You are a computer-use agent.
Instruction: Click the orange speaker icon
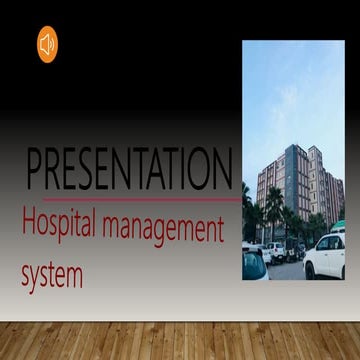[47, 45]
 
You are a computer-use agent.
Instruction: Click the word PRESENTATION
[129, 169]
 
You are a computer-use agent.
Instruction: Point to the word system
[52, 273]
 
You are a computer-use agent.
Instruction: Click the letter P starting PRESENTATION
[35, 169]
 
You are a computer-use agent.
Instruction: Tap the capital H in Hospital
[28, 224]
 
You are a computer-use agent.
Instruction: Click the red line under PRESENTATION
[130, 199]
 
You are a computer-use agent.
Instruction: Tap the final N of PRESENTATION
[223, 169]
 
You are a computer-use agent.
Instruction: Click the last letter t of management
[219, 230]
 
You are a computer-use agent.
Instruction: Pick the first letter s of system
[26, 275]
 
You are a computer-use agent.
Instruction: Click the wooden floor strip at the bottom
[180, 340]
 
